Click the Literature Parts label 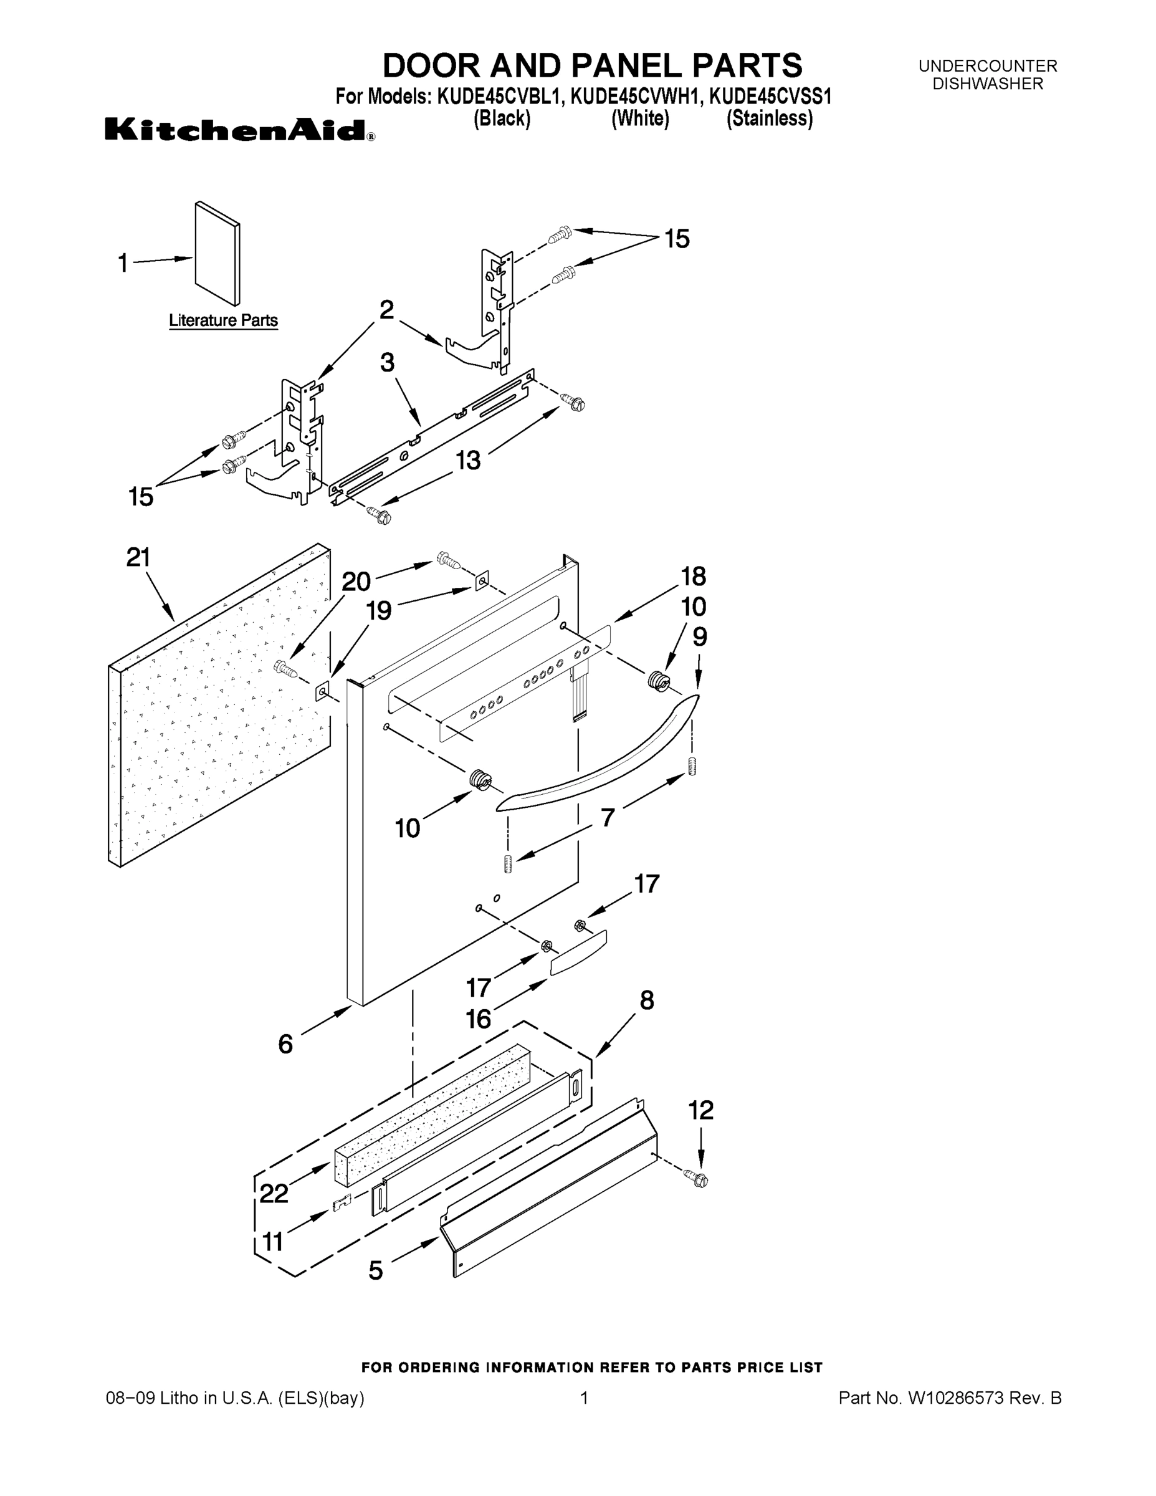223,320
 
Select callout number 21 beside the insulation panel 138,558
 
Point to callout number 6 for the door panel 285,1044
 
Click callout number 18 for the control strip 693,576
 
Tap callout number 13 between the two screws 469,460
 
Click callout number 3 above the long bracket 388,362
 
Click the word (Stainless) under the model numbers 769,118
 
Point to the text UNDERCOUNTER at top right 988,65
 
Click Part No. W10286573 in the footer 949,1398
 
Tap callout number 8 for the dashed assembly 646,1000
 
